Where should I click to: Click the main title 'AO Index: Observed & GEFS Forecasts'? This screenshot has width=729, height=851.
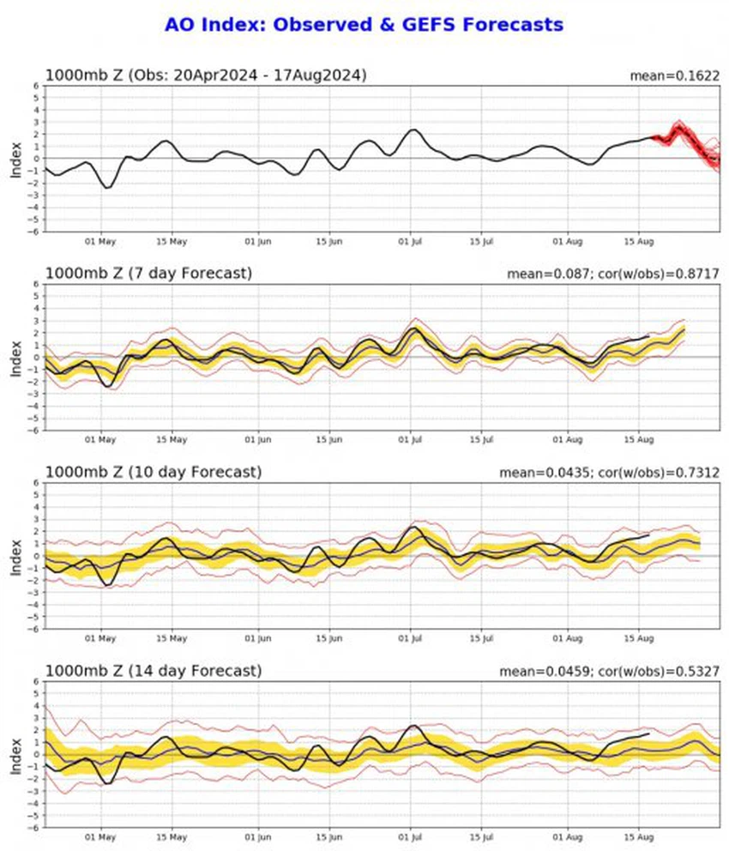[364, 25]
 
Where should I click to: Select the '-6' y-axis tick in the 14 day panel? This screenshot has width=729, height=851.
[35, 828]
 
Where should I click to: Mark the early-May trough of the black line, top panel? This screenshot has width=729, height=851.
[106, 188]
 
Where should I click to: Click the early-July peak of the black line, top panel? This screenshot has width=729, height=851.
[413, 130]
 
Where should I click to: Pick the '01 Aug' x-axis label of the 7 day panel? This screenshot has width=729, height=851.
[568, 442]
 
